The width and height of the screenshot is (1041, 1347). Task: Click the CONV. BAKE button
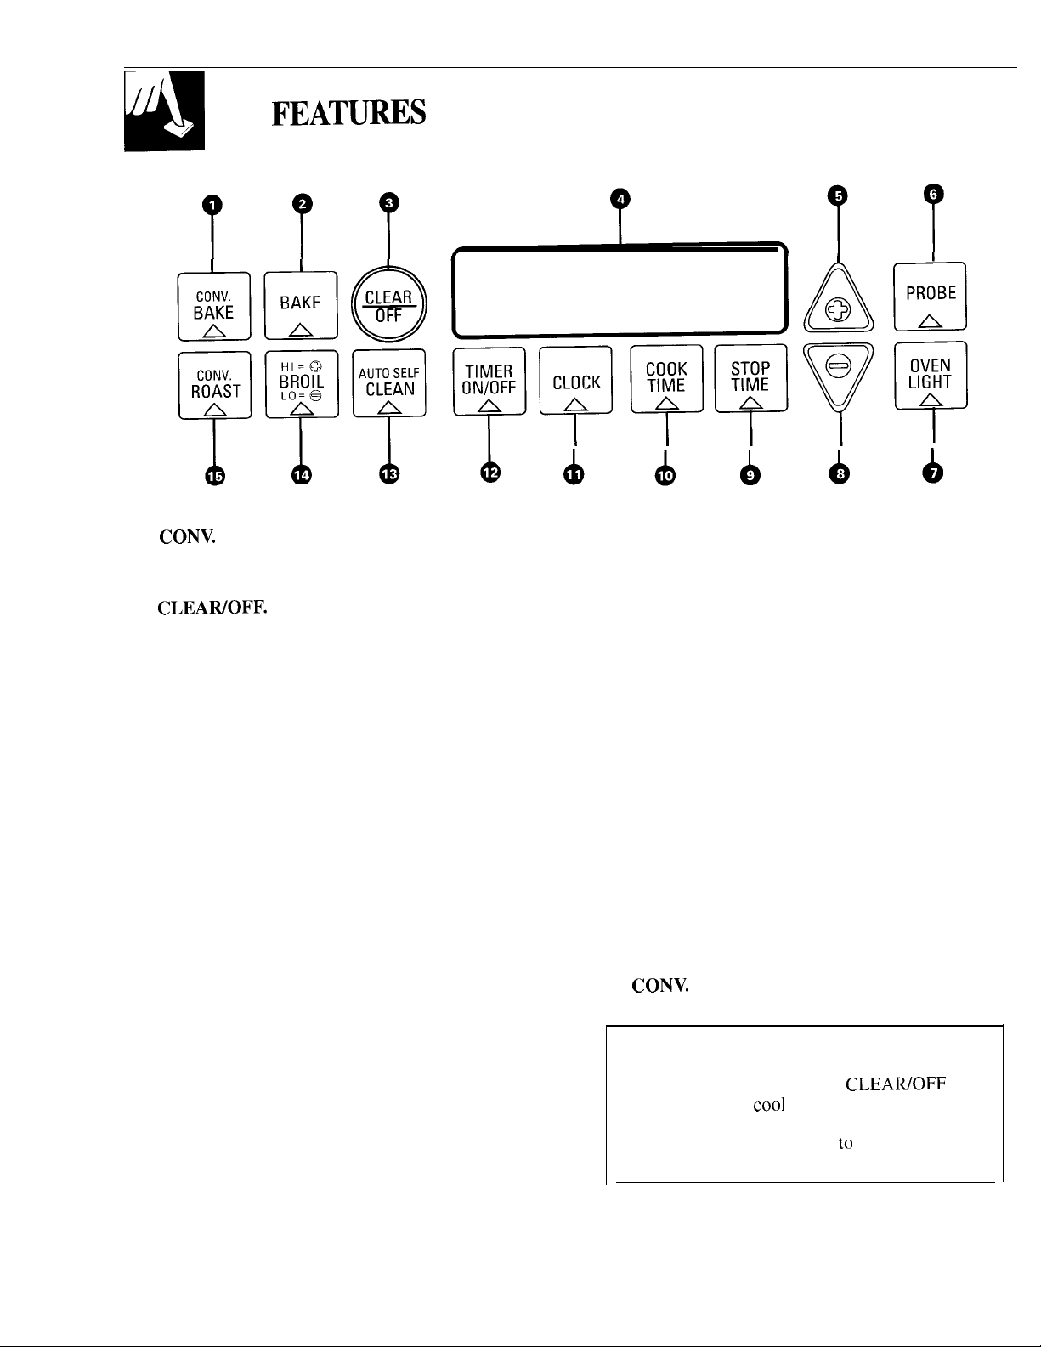214,306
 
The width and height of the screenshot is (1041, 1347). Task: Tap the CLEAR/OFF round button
388,303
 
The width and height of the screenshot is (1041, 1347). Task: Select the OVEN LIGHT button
931,375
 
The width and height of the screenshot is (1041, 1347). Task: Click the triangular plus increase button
839,300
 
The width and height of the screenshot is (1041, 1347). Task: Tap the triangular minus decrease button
839,374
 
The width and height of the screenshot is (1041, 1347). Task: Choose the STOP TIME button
751,378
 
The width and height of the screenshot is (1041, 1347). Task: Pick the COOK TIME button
667,379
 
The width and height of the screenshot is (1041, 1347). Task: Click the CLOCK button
575,380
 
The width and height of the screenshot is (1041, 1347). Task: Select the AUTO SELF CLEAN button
389,383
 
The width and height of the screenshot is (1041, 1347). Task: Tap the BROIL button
302,384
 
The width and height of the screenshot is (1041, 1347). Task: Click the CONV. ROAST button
215,386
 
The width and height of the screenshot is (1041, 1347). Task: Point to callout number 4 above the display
620,199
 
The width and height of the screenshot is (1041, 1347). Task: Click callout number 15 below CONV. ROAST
215,476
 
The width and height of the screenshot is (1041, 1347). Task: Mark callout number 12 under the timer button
490,473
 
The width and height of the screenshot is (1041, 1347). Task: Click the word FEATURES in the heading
349,113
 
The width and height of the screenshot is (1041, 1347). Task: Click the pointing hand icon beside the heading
164,111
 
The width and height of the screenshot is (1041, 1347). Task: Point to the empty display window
620,290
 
